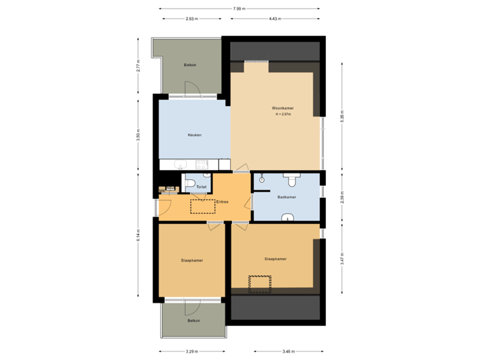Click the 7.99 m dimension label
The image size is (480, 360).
point(239,9)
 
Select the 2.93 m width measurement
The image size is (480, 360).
point(190,19)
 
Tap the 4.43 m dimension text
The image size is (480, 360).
point(273,19)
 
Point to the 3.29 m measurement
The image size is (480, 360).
point(192,351)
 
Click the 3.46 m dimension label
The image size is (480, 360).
point(289,351)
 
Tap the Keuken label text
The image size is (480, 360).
point(194,135)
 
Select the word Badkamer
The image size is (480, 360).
point(287,197)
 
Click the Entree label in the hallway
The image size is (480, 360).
point(223,201)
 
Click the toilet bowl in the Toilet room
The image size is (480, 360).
point(189,184)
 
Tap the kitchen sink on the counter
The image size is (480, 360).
point(178,165)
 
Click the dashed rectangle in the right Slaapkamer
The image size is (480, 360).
point(260,284)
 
